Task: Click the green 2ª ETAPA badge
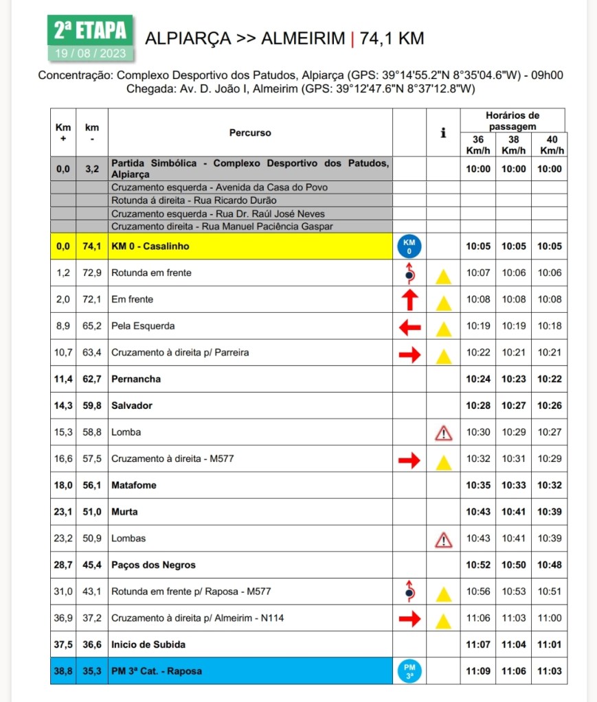[90, 31]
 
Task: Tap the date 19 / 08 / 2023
[90, 53]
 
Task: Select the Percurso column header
[250, 132]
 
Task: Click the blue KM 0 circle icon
[409, 246]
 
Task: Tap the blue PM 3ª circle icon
[409, 671]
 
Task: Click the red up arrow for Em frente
[409, 300]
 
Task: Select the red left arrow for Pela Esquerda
[409, 327]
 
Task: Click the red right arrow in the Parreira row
[409, 353]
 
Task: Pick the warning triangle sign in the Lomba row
[444, 433]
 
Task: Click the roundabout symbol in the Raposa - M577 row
[409, 591]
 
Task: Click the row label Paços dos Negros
[153, 565]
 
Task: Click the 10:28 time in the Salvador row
[477, 406]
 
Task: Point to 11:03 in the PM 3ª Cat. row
[550, 671]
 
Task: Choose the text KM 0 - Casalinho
[150, 246]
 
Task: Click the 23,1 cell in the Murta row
[63, 512]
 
